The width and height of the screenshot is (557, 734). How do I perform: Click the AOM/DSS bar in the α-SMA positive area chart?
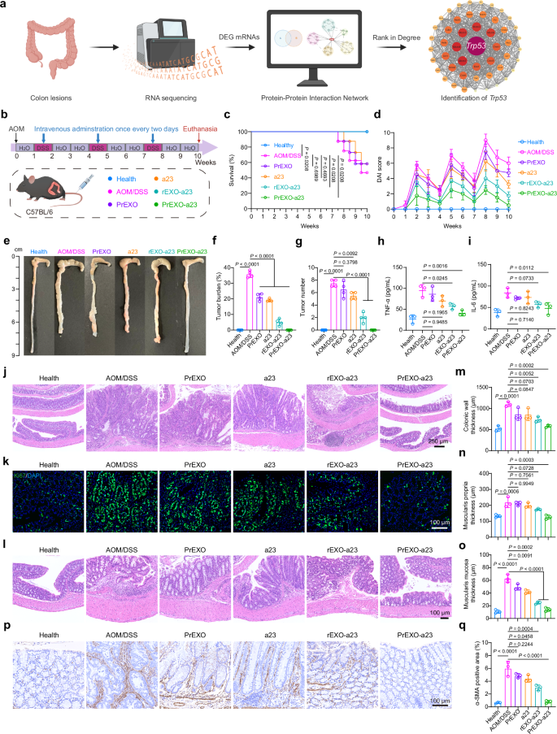[x=485, y=671]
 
